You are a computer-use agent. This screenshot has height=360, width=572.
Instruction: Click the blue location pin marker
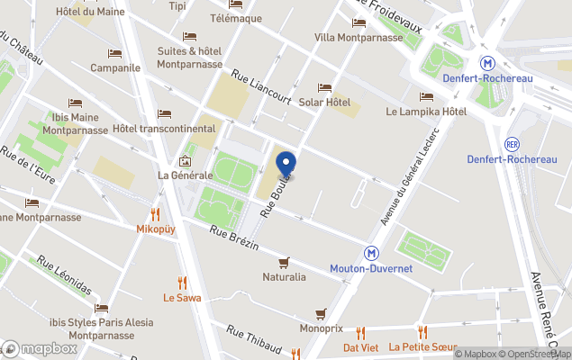click(x=286, y=165)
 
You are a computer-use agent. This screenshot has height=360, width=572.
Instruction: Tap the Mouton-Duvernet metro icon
click(x=370, y=255)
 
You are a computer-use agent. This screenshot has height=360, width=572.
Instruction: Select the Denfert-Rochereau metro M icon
click(x=487, y=64)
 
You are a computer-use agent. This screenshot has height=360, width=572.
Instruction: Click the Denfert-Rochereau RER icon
click(x=513, y=144)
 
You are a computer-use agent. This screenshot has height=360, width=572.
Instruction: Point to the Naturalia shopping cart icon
click(x=284, y=262)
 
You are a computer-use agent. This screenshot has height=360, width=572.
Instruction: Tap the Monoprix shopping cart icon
click(x=321, y=314)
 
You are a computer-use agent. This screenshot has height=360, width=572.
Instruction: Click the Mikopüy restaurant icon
click(x=155, y=214)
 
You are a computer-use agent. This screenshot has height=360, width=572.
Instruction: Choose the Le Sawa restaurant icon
click(x=182, y=283)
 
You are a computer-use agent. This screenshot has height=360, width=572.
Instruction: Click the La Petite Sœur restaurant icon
click(x=422, y=332)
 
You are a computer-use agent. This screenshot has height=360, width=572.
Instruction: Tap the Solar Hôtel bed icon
click(x=324, y=87)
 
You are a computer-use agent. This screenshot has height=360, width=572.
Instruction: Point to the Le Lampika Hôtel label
click(x=426, y=112)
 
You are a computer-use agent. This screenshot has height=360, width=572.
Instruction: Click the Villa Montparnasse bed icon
click(x=359, y=22)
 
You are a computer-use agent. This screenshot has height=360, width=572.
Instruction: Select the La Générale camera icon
click(x=185, y=161)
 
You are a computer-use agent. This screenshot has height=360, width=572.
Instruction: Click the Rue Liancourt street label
click(x=261, y=87)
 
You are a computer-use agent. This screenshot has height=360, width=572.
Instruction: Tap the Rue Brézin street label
click(x=233, y=238)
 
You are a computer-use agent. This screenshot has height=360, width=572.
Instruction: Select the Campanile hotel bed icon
click(x=114, y=53)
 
